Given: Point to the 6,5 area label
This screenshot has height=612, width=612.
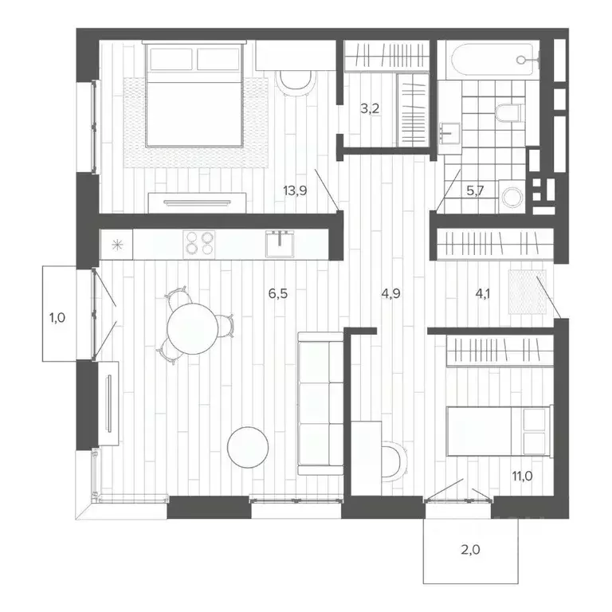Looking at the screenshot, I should point(277,293).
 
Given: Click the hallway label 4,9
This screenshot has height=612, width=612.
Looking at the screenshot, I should point(390,293).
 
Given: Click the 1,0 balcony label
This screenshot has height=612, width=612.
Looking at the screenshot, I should point(57,317).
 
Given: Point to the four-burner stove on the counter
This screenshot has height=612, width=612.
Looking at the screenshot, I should point(199,242).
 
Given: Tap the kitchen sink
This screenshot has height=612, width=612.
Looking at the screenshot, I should point(280,242).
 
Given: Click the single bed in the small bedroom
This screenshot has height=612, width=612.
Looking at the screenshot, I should point(497,431).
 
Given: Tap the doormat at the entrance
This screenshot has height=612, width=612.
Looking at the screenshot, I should point(524,292).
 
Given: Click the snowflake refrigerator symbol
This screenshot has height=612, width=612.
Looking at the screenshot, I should point(116,244).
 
